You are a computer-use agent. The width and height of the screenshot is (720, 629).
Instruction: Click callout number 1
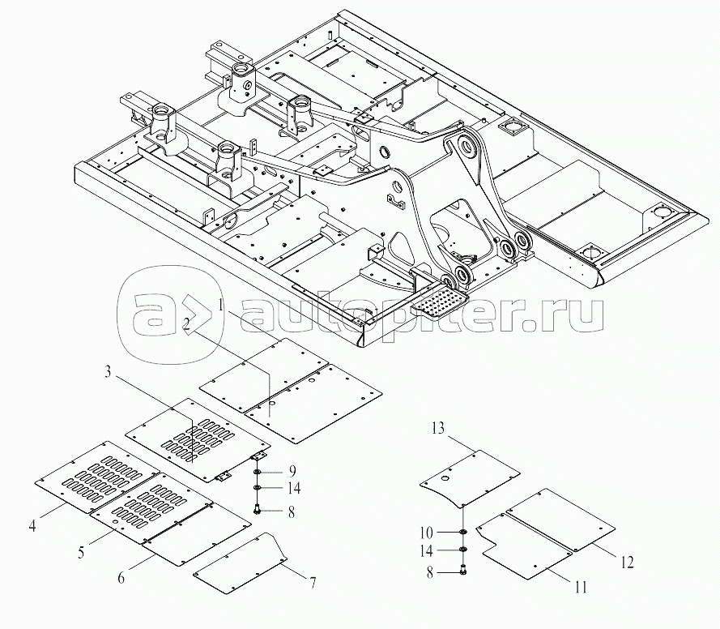[221, 305]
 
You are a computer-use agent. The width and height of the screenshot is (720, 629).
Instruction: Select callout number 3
[108, 371]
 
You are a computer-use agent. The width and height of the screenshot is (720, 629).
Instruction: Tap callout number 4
[32, 525]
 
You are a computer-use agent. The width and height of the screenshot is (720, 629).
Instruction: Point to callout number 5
[81, 552]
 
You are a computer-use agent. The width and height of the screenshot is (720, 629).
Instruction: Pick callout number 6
[121, 578]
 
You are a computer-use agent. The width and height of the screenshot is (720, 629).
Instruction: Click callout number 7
[313, 583]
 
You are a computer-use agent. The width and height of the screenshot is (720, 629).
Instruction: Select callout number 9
[292, 472]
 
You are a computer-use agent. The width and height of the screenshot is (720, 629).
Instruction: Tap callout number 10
[426, 533]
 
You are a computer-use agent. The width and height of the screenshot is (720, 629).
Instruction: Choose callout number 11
[581, 587]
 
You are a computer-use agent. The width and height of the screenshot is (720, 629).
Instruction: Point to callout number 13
[438, 428]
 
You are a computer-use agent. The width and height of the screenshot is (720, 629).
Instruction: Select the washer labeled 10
[464, 532]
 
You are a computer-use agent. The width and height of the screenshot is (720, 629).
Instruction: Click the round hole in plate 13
[445, 479]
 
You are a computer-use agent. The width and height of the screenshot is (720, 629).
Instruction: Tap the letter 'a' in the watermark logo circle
[154, 315]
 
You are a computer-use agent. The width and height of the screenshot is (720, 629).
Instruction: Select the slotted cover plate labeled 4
[97, 477]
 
